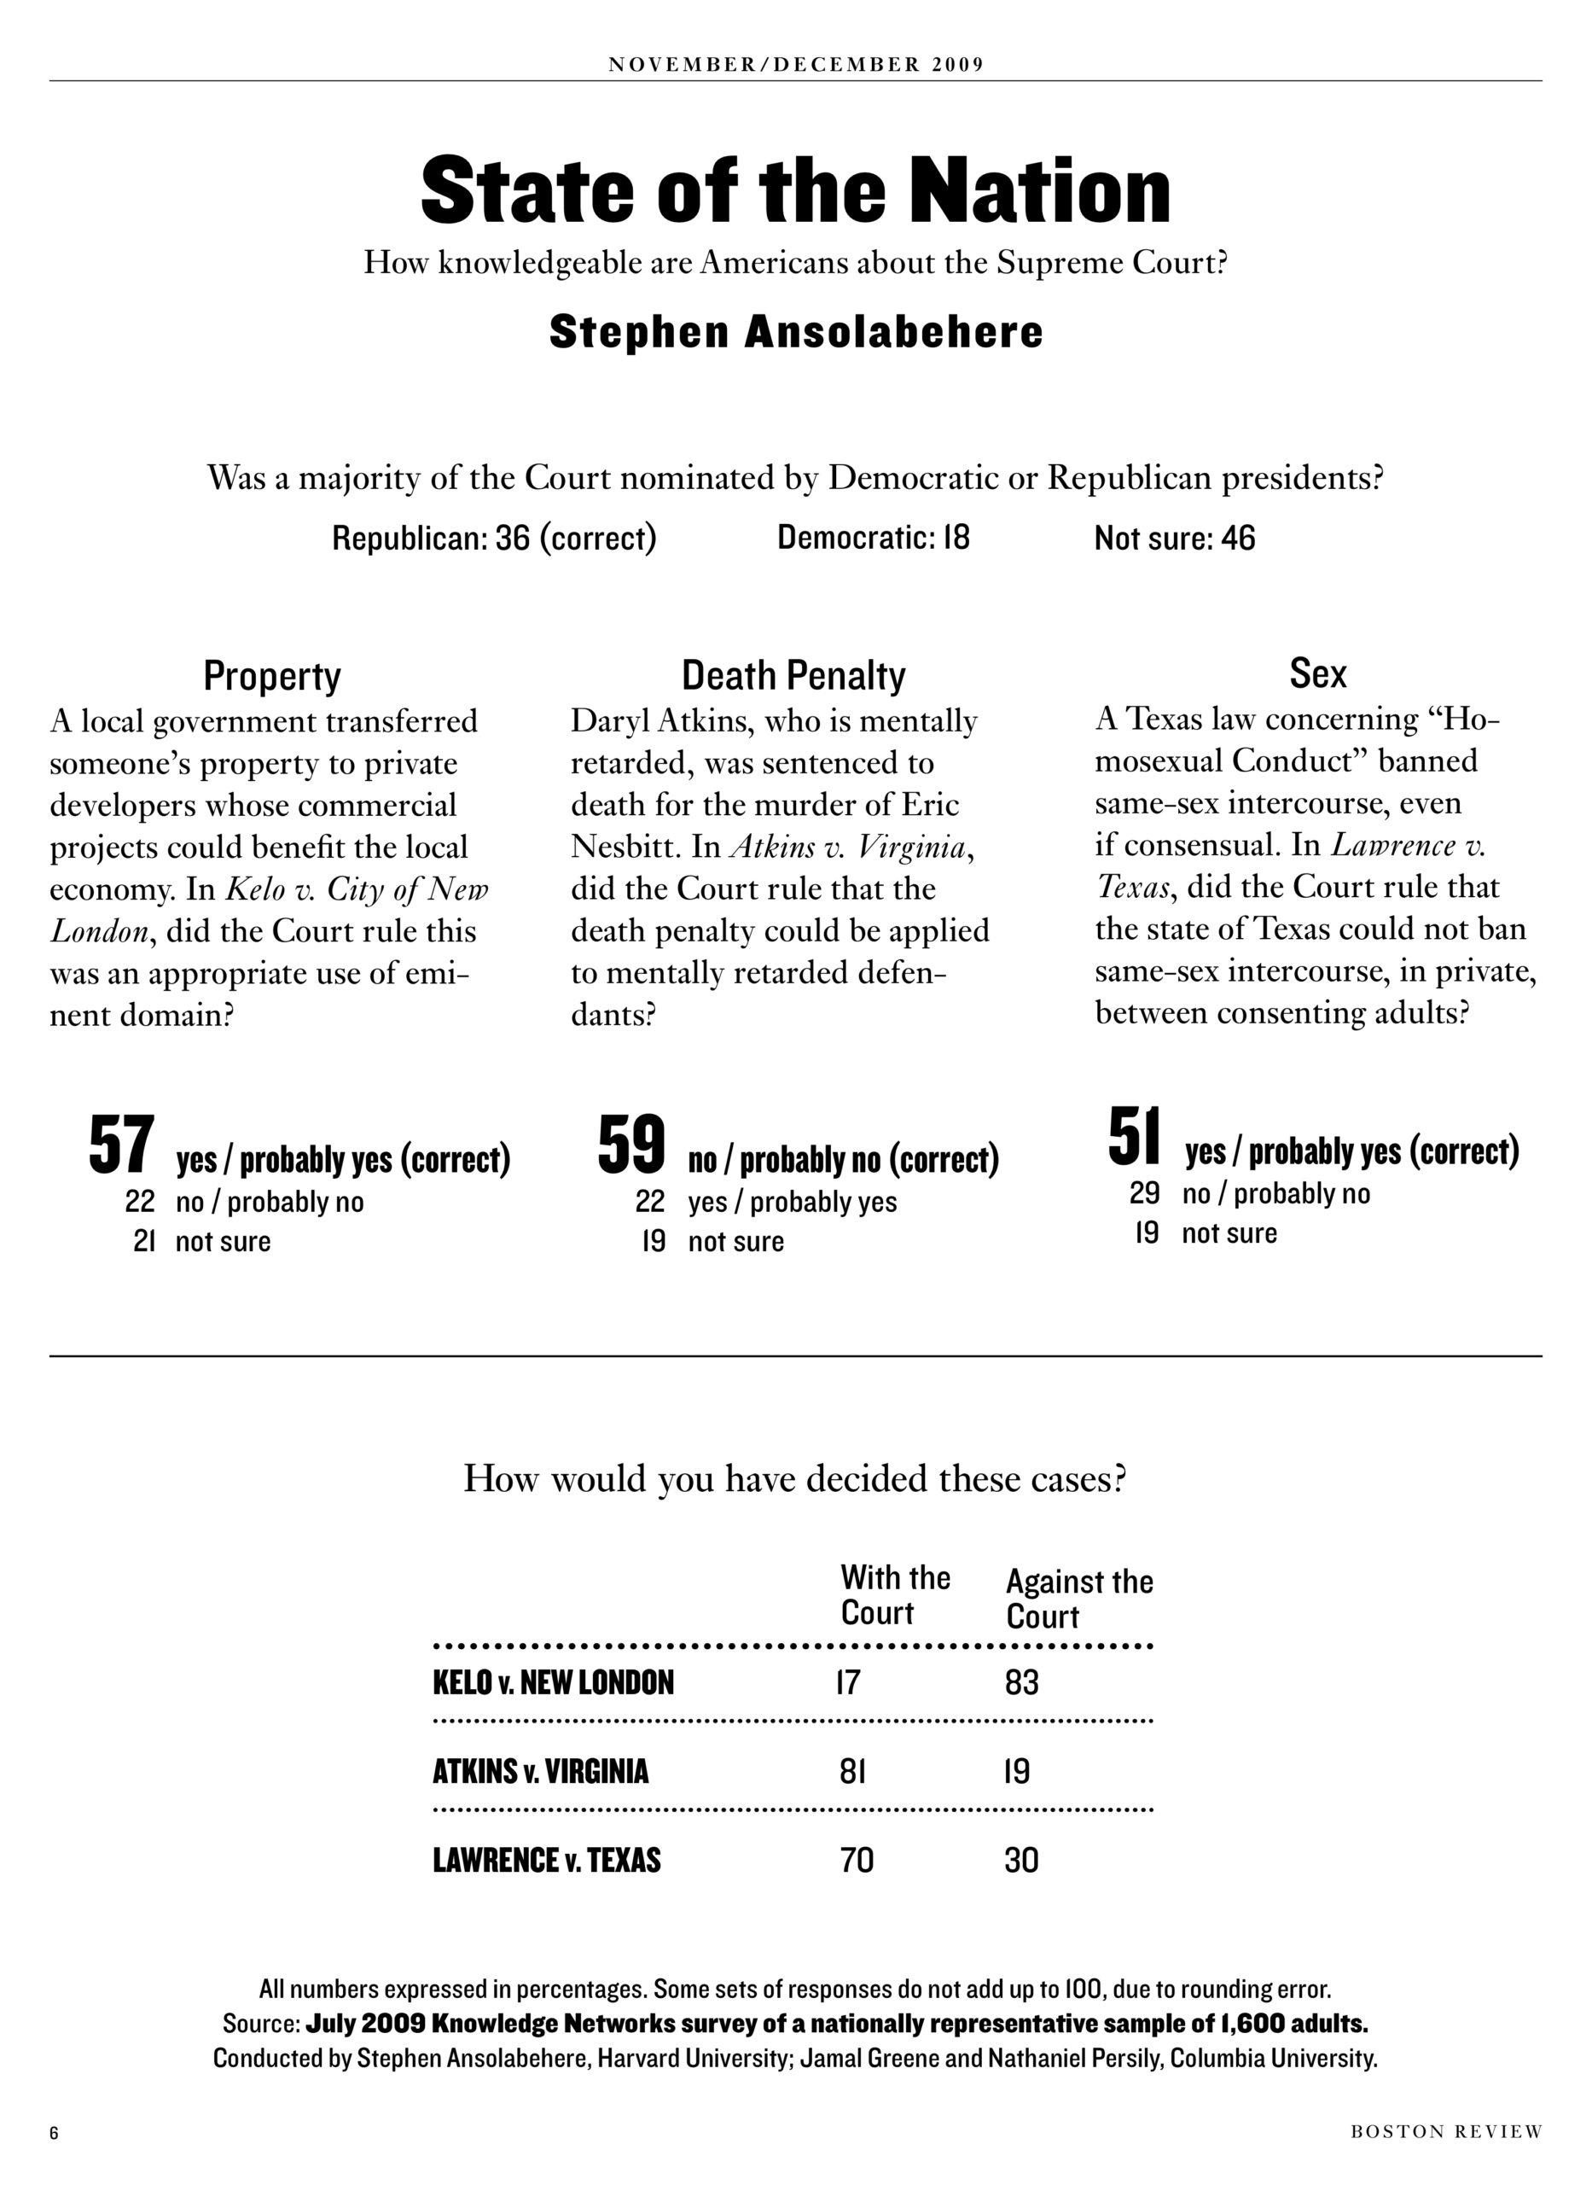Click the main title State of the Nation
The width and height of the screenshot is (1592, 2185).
point(796,189)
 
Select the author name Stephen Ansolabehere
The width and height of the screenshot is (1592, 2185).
point(796,333)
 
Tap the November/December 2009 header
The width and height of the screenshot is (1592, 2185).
point(796,65)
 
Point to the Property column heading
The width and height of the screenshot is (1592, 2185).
point(272,676)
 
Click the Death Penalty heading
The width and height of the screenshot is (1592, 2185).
point(793,676)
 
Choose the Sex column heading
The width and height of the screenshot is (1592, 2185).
point(1317,673)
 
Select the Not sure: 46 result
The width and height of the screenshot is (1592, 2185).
point(1175,538)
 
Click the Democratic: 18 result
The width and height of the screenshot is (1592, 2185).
point(873,537)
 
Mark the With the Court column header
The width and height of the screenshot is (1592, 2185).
point(895,1594)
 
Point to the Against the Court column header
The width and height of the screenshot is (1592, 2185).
point(1079,1598)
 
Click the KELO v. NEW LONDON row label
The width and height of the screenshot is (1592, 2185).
point(553,1683)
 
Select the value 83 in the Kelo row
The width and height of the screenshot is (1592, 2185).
point(1021,1683)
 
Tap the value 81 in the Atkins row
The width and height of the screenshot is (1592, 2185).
point(853,1772)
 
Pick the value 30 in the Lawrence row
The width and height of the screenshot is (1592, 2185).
point(1021,1860)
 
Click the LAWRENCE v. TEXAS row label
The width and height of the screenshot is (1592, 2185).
point(546,1860)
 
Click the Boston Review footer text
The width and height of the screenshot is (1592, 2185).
point(1445,2131)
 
